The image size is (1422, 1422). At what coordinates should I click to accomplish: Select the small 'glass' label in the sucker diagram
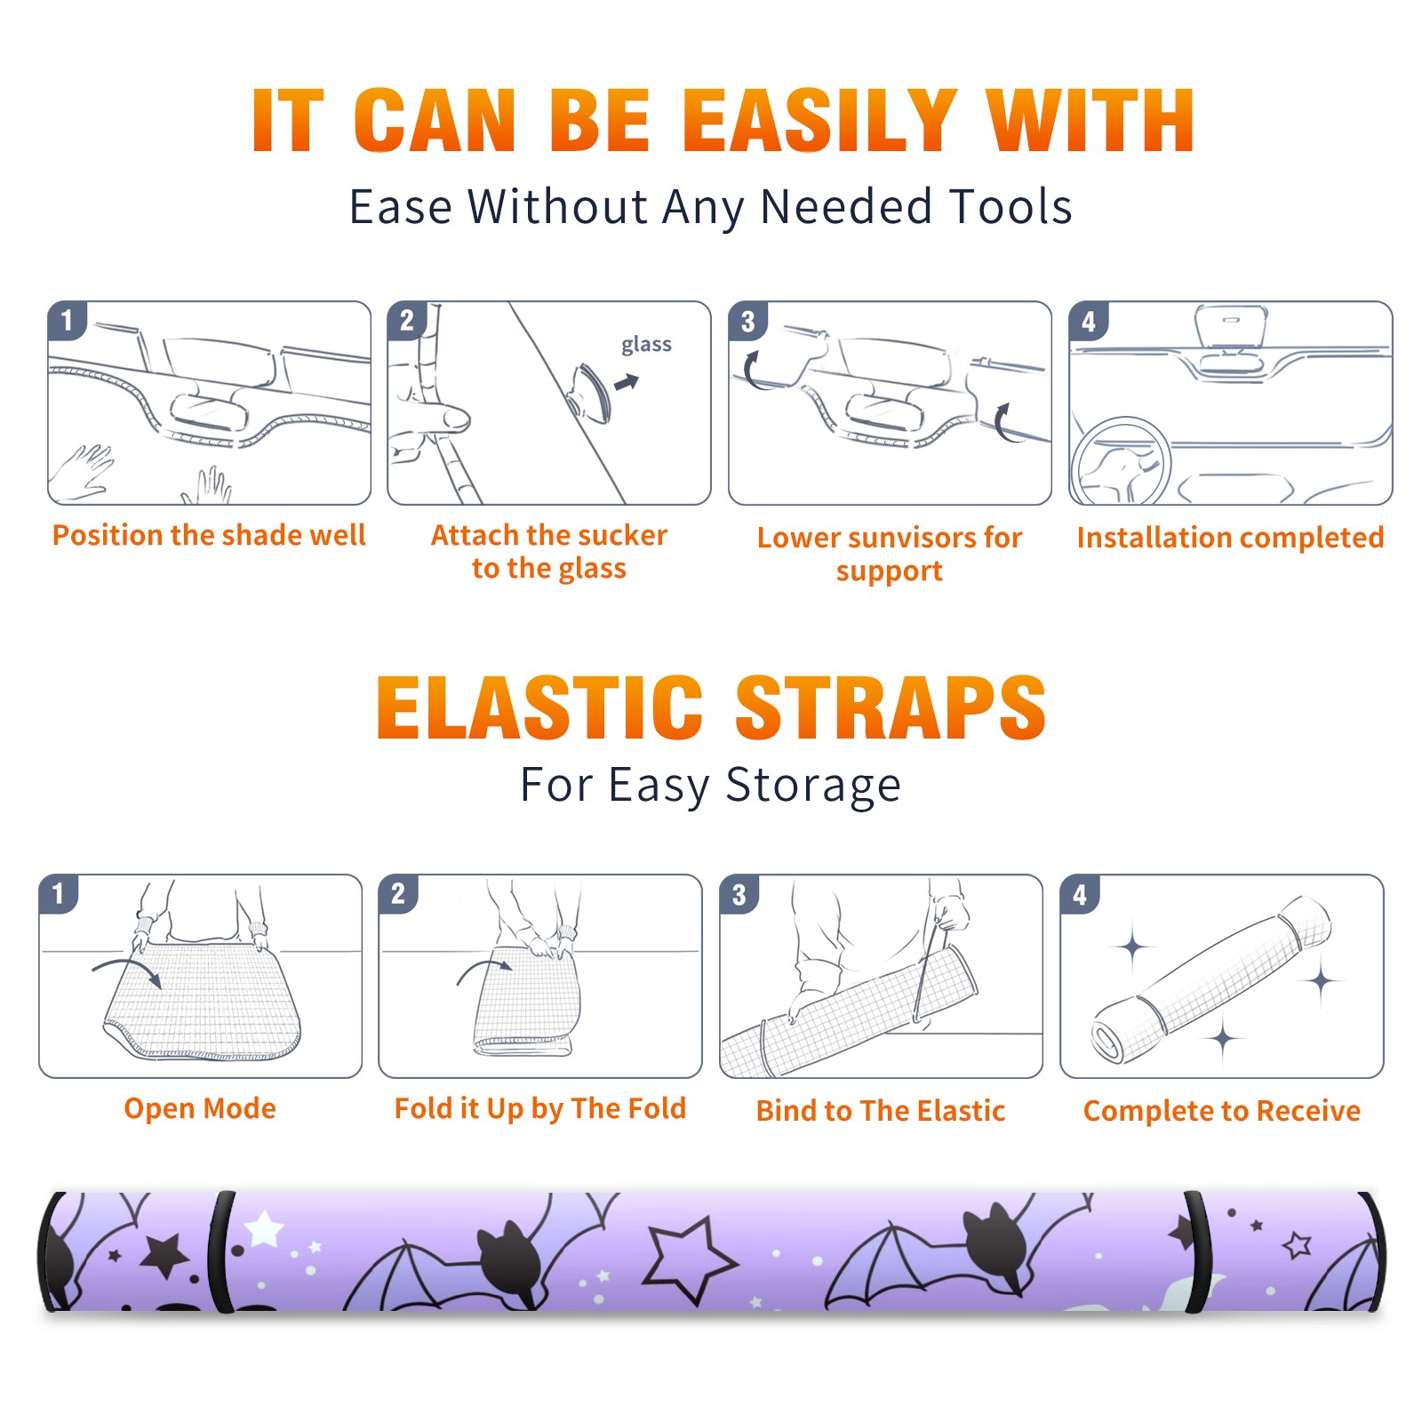click(x=646, y=345)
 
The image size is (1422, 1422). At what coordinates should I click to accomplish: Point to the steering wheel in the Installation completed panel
click(x=1121, y=460)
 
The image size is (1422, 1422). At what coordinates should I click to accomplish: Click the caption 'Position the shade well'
click(x=209, y=535)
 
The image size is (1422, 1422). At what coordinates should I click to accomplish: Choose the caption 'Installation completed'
click(x=1230, y=538)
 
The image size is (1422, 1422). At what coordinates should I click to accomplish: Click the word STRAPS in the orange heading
click(x=891, y=707)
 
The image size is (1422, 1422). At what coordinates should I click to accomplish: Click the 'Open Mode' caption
click(x=200, y=1108)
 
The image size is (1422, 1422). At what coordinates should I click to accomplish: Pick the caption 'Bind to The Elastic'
click(x=881, y=1111)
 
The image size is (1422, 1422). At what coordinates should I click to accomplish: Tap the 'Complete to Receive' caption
click(x=1222, y=1111)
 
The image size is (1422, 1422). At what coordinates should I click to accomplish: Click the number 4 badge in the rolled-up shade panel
click(x=1080, y=894)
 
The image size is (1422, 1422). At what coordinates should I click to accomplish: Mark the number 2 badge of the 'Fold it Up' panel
click(x=398, y=893)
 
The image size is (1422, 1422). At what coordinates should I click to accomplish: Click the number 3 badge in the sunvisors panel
click(x=747, y=321)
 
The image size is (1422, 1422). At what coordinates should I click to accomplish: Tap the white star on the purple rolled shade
click(x=264, y=1229)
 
